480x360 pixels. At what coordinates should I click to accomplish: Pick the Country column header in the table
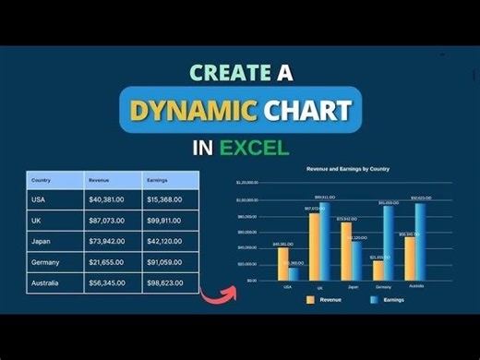[x=42, y=180]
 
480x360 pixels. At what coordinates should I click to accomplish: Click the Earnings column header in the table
[x=157, y=180]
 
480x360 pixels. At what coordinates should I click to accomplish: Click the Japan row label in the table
[x=42, y=242]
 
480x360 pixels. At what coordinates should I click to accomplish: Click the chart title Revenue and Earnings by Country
[x=342, y=170]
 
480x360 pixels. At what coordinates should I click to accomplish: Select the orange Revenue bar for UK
[x=314, y=246]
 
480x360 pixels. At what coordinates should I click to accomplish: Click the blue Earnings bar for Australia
[x=421, y=241]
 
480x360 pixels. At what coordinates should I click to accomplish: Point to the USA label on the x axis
[x=288, y=286]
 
